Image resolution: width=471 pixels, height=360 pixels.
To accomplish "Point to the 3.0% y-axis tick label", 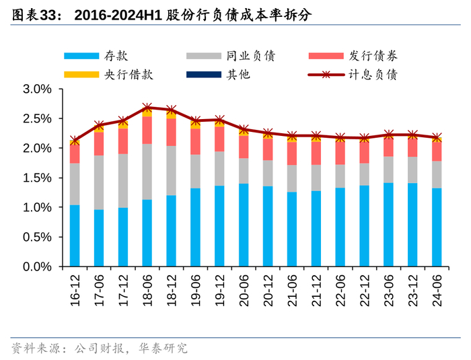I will click(x=38, y=89).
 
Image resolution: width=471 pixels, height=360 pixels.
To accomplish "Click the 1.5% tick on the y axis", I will click(x=38, y=178).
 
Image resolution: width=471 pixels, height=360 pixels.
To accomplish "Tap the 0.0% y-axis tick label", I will click(x=38, y=266).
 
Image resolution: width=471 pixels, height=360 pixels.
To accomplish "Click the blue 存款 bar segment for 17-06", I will click(x=99, y=238).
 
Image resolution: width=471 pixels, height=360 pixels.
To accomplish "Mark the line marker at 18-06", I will click(x=147, y=108).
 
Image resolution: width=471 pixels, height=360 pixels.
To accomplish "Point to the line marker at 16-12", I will click(x=75, y=141).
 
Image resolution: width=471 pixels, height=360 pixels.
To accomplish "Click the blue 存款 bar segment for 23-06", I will click(x=389, y=225).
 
